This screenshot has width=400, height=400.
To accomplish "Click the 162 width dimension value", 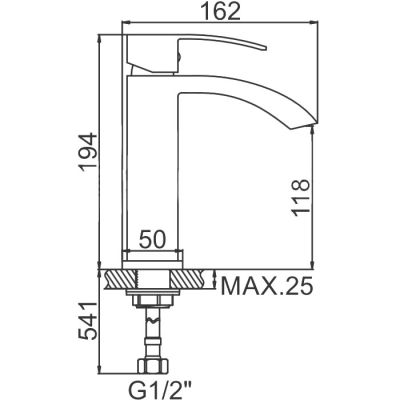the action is point(221,12).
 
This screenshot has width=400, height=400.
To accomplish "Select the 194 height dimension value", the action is point(88,152).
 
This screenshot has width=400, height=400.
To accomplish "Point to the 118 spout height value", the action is point(300,197).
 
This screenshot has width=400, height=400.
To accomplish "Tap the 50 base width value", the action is point(152,239).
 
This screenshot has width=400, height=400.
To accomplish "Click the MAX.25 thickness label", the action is point(267,286).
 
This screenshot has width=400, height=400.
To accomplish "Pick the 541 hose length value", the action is point(88,321).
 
